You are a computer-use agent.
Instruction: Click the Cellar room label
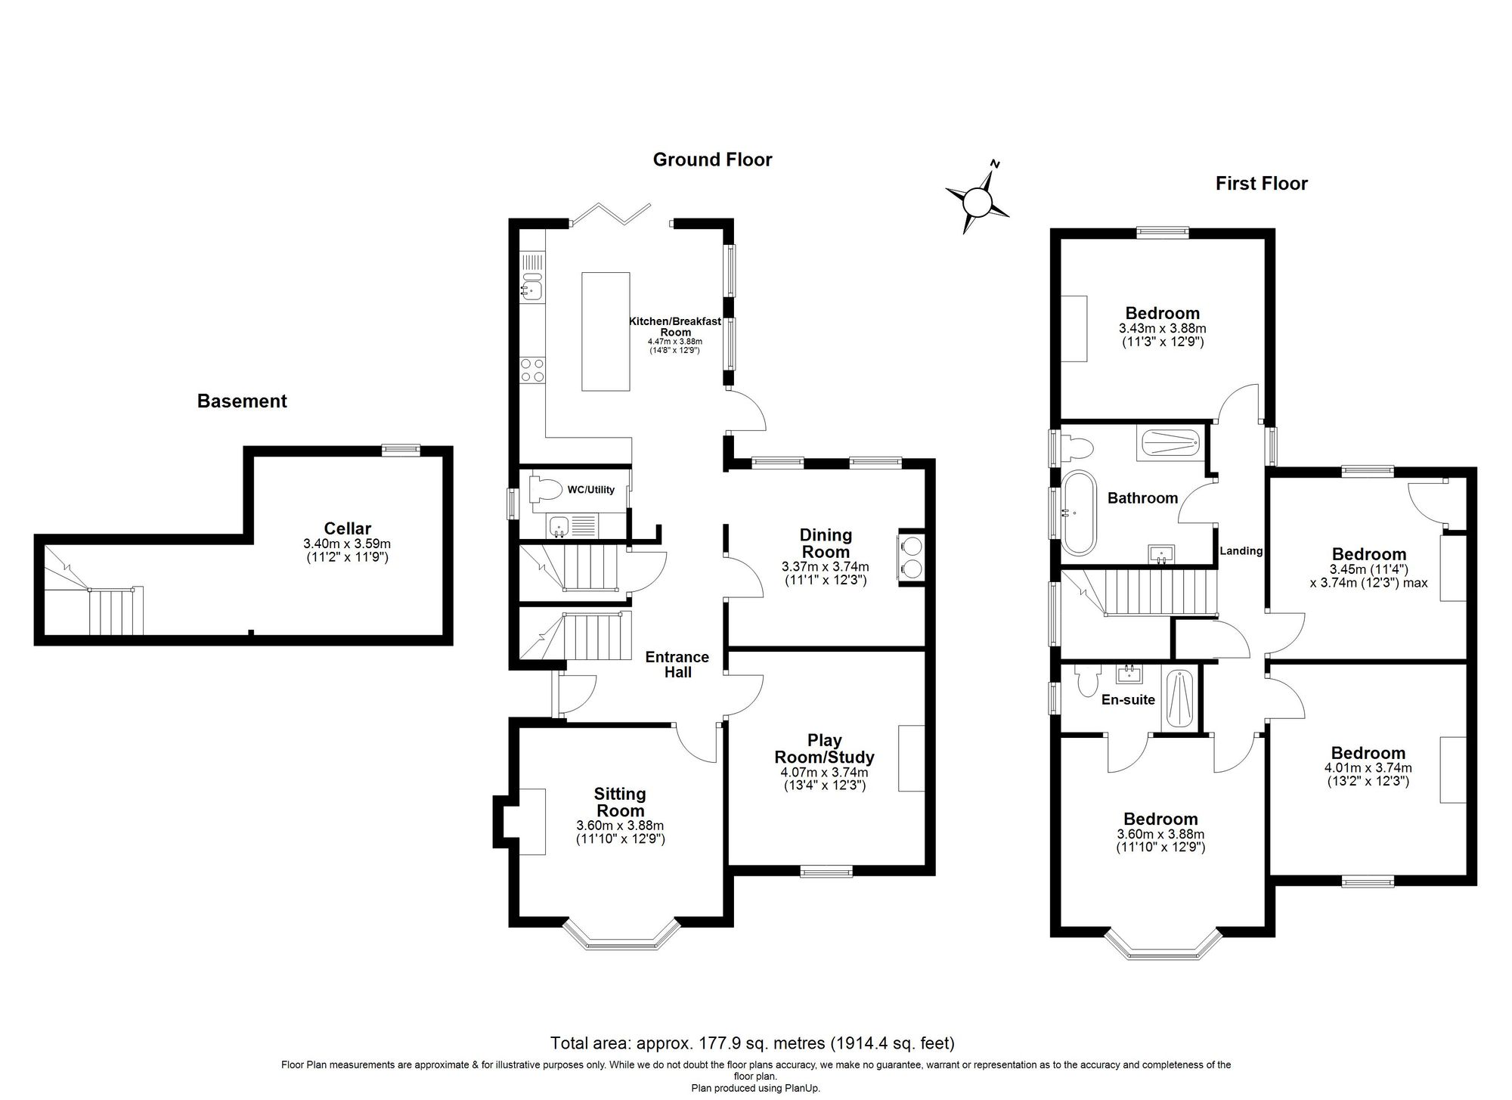coord(347,528)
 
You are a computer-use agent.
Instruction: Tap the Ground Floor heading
coord(712,160)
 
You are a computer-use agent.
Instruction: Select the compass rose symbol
coord(977,201)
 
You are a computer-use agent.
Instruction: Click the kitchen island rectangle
coord(605,331)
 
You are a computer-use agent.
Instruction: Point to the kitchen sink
coord(532,288)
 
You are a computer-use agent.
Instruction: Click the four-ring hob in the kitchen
coord(532,370)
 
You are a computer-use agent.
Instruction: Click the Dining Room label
coord(826,543)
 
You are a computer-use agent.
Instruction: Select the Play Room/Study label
coord(824,748)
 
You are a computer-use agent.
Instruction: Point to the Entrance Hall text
coord(677,664)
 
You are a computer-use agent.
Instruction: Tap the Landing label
coord(1241,551)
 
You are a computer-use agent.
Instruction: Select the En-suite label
coord(1128,700)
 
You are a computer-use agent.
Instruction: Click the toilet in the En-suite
coord(1088,680)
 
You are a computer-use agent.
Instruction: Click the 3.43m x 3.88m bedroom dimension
coord(1162,329)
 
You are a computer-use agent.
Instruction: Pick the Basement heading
coord(242,401)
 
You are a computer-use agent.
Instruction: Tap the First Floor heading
coord(1261,184)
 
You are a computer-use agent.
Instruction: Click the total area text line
coord(752,1043)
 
